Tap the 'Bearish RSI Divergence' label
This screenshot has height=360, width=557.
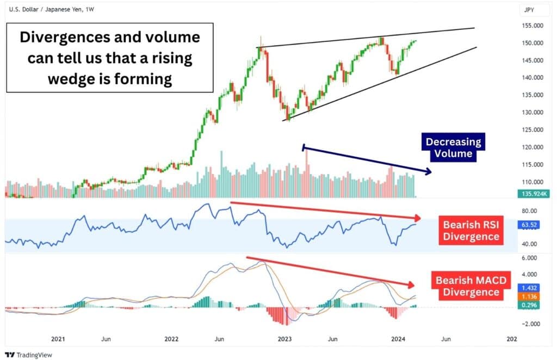(x=471, y=230)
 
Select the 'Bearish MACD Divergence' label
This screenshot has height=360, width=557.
(x=471, y=286)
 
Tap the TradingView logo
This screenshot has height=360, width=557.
(x=27, y=354)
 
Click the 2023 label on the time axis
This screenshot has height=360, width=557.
(x=284, y=338)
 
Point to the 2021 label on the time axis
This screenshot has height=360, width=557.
(x=58, y=338)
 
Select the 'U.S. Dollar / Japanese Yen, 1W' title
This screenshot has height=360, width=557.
(x=49, y=9)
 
